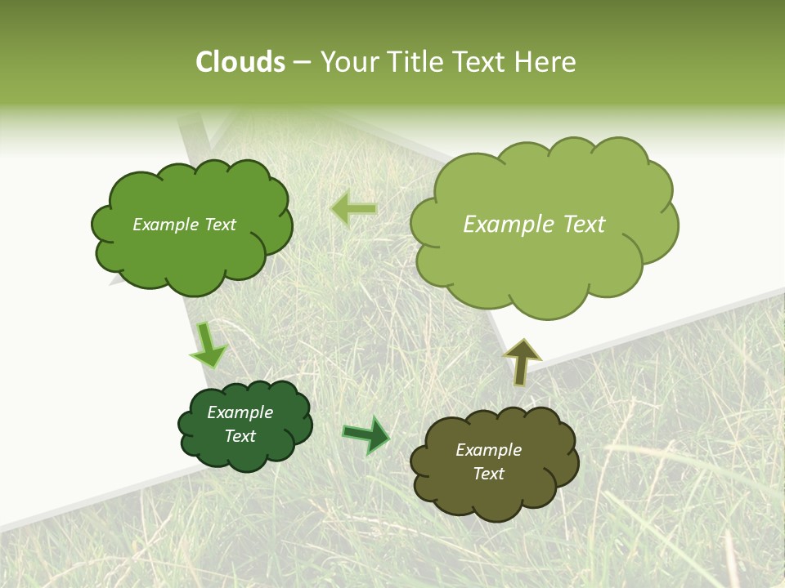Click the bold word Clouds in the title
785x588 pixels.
[x=240, y=62]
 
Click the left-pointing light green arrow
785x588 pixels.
[x=353, y=209]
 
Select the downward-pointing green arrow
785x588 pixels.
[x=208, y=345]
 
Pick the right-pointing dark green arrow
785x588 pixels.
[x=366, y=435]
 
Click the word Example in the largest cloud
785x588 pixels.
[x=501, y=225]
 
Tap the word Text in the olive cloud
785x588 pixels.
[x=488, y=474]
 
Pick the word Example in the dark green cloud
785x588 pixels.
[x=240, y=412]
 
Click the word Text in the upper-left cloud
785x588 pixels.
[x=219, y=225]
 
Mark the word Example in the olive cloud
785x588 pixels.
[x=488, y=450]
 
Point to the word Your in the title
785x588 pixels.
[x=350, y=62]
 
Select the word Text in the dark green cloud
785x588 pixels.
[x=240, y=436]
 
